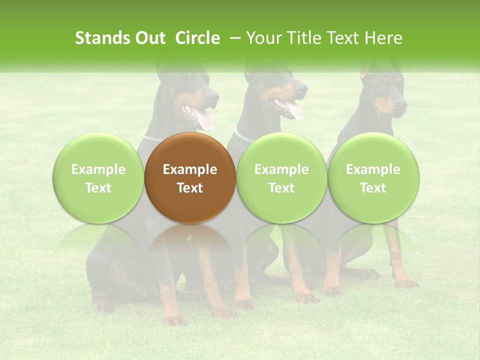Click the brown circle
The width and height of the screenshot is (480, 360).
(189, 177)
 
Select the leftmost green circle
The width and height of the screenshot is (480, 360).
(98, 177)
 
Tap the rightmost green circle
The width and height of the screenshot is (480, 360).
(373, 177)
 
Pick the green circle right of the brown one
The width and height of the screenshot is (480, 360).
(281, 177)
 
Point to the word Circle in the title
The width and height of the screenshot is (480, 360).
(197, 38)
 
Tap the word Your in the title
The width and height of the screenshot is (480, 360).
(264, 38)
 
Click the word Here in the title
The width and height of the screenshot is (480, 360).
(383, 38)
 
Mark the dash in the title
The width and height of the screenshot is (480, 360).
(233, 38)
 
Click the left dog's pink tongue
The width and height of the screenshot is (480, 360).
(204, 119)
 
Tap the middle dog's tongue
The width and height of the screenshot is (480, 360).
(295, 110)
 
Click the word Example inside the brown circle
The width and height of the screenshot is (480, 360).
(189, 169)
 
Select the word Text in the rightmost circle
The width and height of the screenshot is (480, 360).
(373, 187)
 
